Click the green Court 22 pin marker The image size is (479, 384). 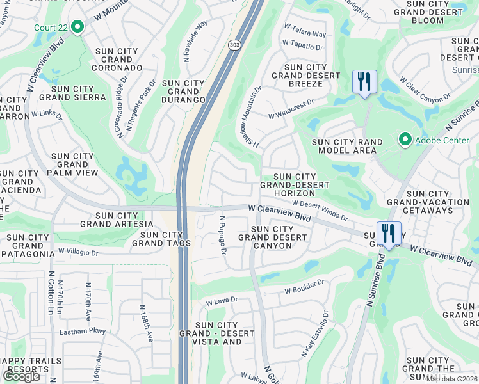tap(77, 27)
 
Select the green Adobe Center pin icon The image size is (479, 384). tap(405, 139)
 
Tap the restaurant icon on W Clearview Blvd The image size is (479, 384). tap(389, 234)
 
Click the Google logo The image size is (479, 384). tap(21, 376)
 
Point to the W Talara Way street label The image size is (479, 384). tap(305, 31)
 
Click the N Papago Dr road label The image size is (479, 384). tap(223, 235)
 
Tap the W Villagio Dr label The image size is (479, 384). tap(77, 252)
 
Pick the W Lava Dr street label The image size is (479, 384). tap(221, 300)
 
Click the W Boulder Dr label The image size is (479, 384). tap(305, 285)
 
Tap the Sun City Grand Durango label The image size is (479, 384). tap(183, 92)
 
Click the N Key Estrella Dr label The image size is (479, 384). tap(314, 334)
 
